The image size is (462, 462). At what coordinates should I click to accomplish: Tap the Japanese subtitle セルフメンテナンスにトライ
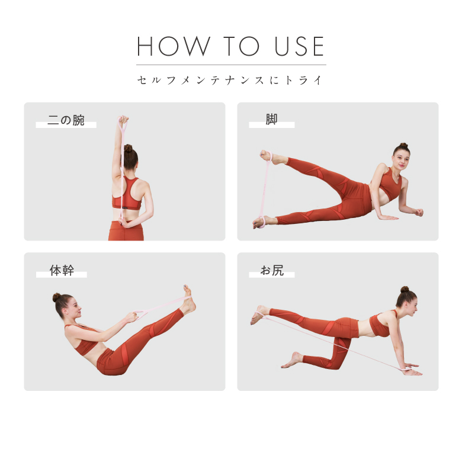coord(231,80)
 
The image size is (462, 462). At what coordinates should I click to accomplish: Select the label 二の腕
coord(66,121)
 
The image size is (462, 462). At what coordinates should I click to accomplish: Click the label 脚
coord(271,120)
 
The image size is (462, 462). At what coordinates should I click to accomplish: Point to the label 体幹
coord(62,271)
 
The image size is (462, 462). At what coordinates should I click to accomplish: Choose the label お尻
coord(272,271)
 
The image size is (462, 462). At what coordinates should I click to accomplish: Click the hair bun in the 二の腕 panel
coord(128,148)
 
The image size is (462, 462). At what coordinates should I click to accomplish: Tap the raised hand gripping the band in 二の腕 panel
coord(123,121)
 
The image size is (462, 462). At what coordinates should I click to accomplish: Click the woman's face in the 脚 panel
coord(398,159)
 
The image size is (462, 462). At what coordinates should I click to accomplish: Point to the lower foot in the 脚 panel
coord(261,222)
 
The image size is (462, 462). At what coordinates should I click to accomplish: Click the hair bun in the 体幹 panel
coord(57,297)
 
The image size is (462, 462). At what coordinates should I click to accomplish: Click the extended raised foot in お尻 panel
coord(258,315)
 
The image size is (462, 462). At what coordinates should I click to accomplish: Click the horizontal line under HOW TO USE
coord(231,65)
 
